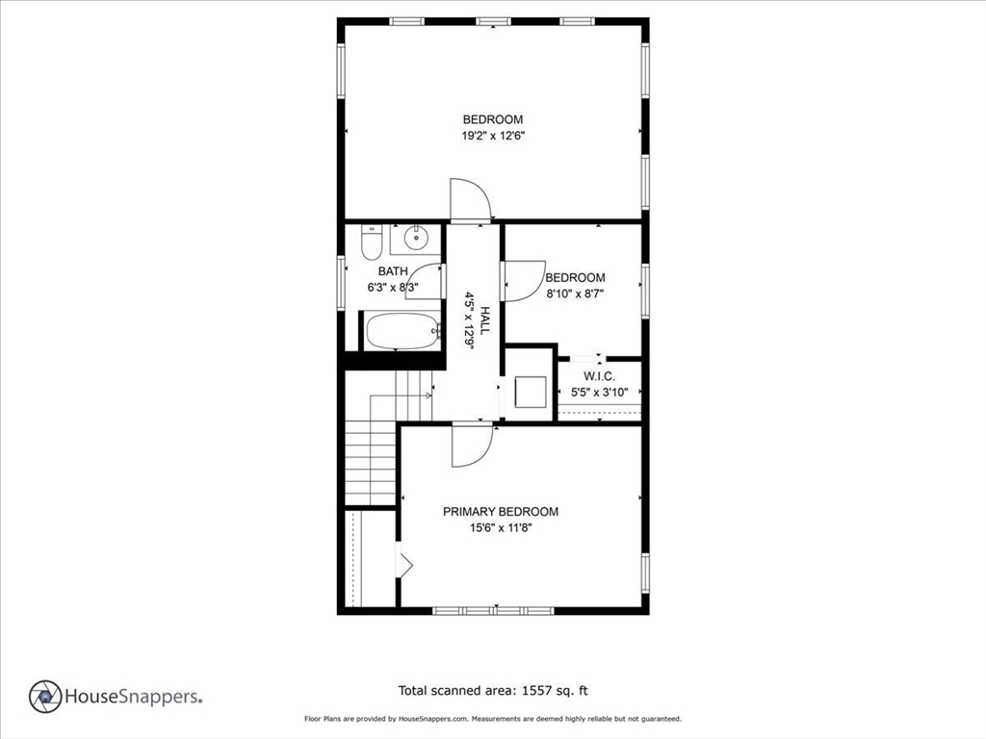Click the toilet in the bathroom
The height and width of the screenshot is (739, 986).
372,242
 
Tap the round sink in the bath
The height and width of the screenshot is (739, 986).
416,239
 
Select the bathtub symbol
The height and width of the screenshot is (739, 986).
403,331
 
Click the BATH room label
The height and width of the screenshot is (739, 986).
393,271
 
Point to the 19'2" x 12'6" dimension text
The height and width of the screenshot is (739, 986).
493,136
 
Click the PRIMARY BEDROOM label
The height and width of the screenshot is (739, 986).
501,512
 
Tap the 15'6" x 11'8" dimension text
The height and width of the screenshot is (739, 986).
501,528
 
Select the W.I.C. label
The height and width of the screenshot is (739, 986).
599,376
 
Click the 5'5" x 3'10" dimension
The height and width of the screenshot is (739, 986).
599,393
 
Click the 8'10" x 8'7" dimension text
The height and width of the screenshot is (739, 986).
575,293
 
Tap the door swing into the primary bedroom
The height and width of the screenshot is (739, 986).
472,446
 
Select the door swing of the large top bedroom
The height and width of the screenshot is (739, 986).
470,200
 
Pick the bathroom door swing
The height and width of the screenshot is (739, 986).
425,282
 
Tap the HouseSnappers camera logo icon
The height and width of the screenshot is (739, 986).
45,697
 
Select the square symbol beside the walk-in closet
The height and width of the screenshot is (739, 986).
531,393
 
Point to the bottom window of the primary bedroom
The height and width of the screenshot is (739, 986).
494,610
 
